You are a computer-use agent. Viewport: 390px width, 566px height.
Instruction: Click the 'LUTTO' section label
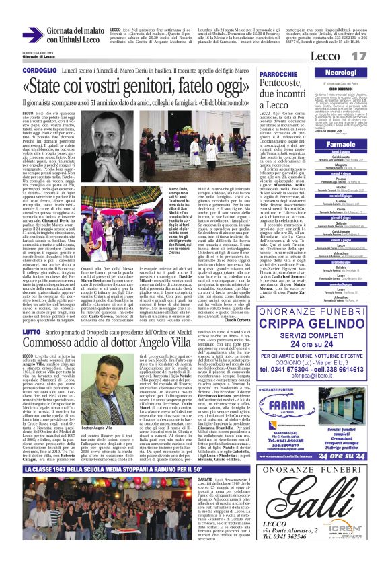click(x=31, y=331)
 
